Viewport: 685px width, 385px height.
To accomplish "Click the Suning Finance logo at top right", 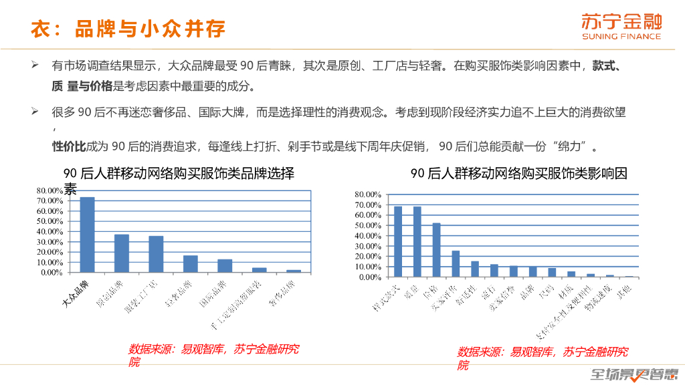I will tap(621, 26).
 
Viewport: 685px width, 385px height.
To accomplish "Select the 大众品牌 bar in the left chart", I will tap(87, 235).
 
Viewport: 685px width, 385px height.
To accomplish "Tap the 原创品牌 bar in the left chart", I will tap(122, 253).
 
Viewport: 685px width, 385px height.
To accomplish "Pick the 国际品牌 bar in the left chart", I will tap(225, 265).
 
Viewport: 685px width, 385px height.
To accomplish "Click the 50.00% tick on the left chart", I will tap(50, 221).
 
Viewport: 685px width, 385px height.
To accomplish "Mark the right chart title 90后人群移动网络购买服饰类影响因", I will tap(519, 174).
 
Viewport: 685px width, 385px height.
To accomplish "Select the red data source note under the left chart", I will tap(213, 355).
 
